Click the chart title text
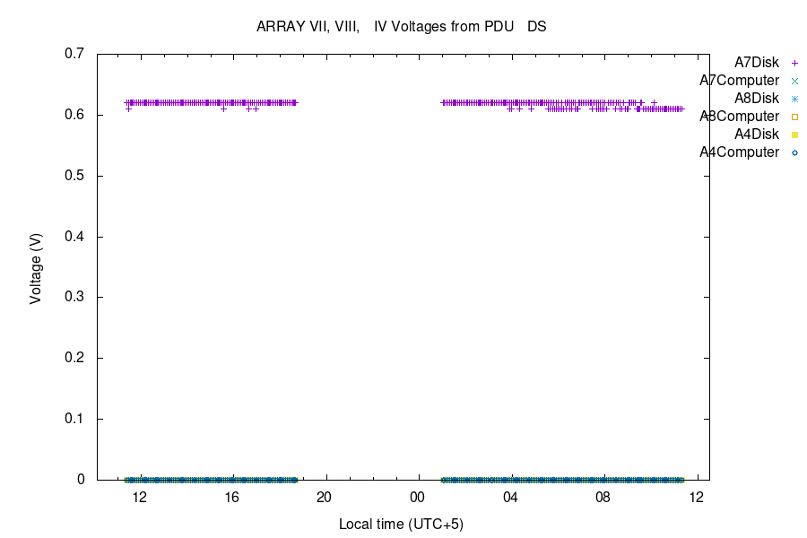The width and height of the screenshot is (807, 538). point(402,27)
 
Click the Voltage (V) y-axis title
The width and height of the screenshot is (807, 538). point(36,266)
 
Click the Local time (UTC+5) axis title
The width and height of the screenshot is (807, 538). point(401,524)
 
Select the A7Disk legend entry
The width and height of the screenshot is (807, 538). point(756,63)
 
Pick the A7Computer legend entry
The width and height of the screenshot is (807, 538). point(739,81)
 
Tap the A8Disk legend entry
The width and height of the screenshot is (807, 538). point(756,99)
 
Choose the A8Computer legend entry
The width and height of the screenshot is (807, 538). point(739,117)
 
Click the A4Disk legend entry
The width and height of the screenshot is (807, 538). point(756,134)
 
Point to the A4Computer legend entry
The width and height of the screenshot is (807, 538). point(739,152)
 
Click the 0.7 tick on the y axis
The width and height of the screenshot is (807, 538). point(74,54)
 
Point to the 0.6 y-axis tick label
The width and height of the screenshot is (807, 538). point(74,115)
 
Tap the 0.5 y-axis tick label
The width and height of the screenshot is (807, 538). point(74,176)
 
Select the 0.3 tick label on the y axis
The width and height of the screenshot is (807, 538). point(74,298)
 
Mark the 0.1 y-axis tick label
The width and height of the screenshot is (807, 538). point(74,419)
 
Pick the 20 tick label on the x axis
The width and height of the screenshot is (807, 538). point(325,498)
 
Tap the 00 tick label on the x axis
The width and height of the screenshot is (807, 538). point(417,498)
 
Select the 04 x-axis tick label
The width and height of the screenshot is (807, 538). point(510,498)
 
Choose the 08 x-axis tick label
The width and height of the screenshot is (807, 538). point(603,498)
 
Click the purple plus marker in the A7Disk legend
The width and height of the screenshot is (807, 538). point(794,63)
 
